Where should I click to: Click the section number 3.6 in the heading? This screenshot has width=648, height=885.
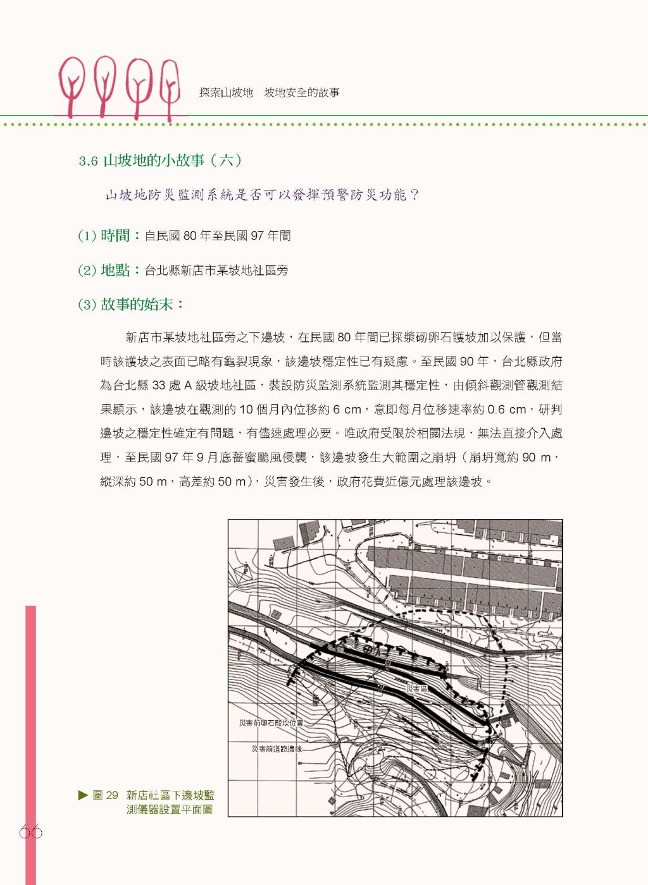point(88,161)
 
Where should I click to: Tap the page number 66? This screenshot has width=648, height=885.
point(30,832)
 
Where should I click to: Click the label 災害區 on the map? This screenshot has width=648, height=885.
point(417,688)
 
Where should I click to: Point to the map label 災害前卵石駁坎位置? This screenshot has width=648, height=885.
point(271,723)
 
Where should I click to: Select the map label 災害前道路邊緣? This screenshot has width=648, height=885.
point(277,749)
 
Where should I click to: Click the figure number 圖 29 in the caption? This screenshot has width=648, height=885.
point(105,795)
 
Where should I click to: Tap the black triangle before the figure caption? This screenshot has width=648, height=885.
point(83,795)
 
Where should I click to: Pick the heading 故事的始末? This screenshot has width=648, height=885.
point(137,305)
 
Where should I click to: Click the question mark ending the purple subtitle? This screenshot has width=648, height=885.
point(414,195)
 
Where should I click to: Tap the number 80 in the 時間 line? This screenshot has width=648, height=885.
point(190,236)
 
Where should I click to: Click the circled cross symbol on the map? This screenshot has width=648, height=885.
point(368,649)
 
